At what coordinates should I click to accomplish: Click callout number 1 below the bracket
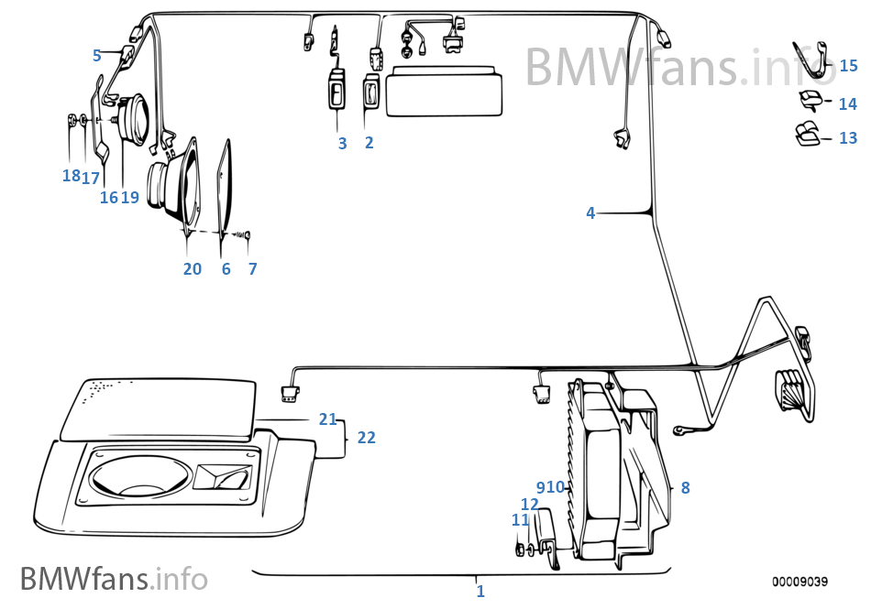tap(480, 592)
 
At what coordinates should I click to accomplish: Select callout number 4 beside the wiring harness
tap(590, 213)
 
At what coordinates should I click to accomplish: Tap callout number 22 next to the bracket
tap(366, 438)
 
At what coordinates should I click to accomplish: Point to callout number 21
tap(328, 419)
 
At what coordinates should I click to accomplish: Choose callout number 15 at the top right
tap(848, 66)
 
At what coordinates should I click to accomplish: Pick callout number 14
tap(848, 103)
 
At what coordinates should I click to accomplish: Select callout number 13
tap(848, 138)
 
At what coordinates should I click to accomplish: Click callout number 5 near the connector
tap(97, 56)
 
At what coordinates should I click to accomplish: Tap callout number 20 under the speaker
tap(192, 269)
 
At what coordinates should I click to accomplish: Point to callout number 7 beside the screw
tap(252, 269)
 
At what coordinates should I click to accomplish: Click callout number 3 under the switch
tap(342, 143)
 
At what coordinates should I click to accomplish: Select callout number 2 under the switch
tap(369, 143)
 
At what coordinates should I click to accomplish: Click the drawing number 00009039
tap(799, 582)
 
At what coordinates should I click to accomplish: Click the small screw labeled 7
tap(246, 236)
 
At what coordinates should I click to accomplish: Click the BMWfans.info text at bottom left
tap(114, 579)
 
